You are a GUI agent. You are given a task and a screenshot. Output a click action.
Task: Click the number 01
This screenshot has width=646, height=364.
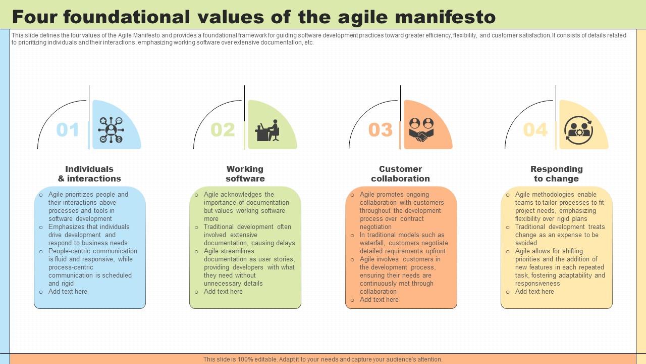[x=68, y=130]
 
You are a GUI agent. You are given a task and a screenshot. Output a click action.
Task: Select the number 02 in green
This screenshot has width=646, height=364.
[x=223, y=130]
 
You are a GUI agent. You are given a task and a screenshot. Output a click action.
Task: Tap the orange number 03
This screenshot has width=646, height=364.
[x=380, y=130]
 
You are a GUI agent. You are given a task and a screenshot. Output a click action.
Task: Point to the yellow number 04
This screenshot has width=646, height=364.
[x=535, y=130]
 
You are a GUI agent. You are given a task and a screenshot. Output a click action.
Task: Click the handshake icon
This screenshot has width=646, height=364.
[x=421, y=130]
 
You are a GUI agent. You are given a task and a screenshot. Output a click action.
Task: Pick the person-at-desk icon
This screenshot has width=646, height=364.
[x=267, y=130]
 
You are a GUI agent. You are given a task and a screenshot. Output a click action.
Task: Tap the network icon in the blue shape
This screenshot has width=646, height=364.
[x=112, y=130]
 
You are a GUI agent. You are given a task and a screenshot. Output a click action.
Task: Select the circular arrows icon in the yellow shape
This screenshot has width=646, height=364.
[x=578, y=130]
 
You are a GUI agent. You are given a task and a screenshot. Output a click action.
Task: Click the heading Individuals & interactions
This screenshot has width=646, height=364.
[x=89, y=174]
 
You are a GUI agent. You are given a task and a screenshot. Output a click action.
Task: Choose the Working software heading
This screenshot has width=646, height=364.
[x=245, y=174]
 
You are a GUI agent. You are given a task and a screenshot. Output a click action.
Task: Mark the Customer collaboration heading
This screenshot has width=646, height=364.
[x=400, y=174]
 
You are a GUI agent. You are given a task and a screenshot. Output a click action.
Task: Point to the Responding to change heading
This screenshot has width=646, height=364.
[x=556, y=174]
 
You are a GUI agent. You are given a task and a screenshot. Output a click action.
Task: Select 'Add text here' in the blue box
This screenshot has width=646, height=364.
[x=68, y=292]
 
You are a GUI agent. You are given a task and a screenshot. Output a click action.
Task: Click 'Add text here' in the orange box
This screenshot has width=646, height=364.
[x=379, y=300]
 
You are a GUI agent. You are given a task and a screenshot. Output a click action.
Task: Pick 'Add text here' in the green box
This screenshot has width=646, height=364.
[x=223, y=292]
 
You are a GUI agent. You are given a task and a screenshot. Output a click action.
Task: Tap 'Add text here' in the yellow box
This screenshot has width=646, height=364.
[x=534, y=292]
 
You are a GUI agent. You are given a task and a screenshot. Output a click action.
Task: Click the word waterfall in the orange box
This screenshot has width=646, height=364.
[x=372, y=243]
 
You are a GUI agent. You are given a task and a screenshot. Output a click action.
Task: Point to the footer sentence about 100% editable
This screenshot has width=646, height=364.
[x=323, y=359]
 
